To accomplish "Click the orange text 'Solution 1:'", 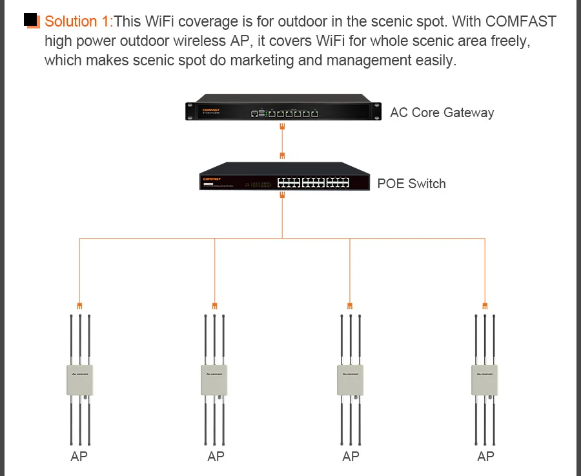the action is (x=79, y=21).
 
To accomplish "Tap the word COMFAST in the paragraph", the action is (x=520, y=21).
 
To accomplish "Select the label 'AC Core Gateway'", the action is (x=442, y=112).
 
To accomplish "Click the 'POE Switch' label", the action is (x=411, y=184).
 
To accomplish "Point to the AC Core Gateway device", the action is (x=283, y=107).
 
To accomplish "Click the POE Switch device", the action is (x=284, y=177).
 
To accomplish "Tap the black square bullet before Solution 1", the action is (x=31, y=19).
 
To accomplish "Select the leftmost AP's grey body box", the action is (x=79, y=380).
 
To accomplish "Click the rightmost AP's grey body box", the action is (x=485, y=380).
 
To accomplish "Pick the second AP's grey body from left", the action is (x=214, y=380).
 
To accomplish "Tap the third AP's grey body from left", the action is (x=350, y=380).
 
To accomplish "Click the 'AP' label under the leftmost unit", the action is (x=79, y=457).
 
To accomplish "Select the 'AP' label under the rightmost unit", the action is (x=485, y=457).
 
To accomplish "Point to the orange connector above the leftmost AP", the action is (x=79, y=306).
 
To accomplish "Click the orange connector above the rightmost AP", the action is (x=485, y=306).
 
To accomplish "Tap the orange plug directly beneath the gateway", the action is (x=282, y=127).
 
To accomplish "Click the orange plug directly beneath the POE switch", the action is (x=282, y=195).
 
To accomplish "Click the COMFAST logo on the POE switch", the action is (x=212, y=179).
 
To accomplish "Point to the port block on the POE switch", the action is (x=313, y=182).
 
